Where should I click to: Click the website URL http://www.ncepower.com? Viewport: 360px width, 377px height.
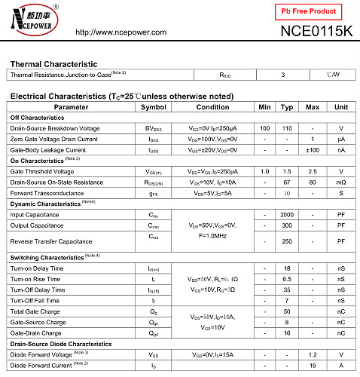127,32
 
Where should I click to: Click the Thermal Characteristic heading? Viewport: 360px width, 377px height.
53,64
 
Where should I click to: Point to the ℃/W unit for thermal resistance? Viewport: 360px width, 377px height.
332,75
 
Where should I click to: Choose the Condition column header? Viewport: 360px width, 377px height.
212,107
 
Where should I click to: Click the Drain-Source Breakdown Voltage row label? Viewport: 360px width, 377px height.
54,128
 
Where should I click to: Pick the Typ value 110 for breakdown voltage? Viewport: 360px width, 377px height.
287,128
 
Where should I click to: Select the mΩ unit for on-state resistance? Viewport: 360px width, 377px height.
341,182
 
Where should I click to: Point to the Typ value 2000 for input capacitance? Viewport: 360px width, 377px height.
287,214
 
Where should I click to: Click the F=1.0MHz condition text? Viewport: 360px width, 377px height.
212,236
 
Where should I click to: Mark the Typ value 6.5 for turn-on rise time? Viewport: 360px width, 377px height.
287,279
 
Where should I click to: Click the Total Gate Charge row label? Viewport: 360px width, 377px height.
36,311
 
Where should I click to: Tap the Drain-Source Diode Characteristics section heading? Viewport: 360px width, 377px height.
61,343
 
